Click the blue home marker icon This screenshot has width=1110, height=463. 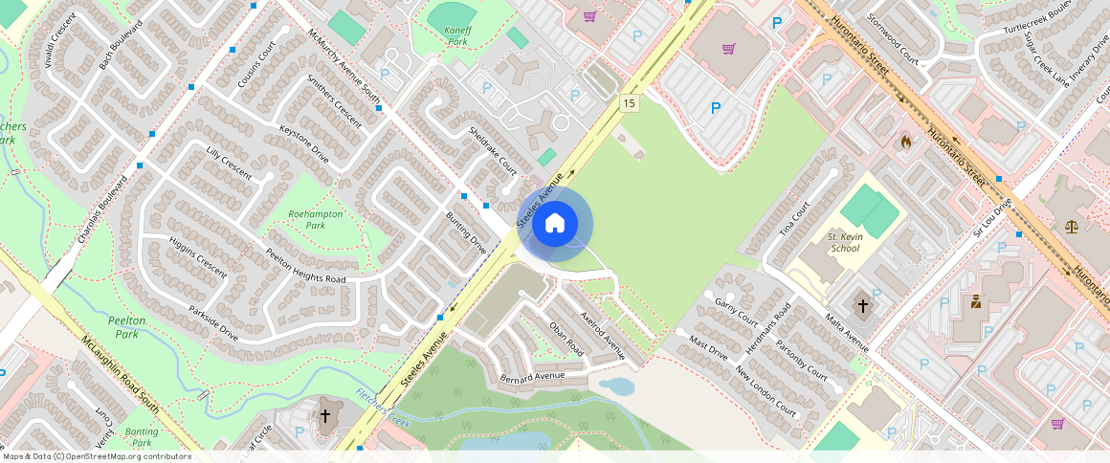click(x=555, y=225)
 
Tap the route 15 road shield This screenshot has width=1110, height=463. click(x=629, y=103)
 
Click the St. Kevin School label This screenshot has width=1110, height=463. click(x=844, y=242)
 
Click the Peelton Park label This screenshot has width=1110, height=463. click(x=126, y=327)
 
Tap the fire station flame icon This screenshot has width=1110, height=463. click(x=906, y=142)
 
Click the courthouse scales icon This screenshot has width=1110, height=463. click(x=1071, y=227)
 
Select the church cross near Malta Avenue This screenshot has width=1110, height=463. click(x=862, y=306)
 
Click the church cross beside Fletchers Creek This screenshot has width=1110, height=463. click(x=325, y=416)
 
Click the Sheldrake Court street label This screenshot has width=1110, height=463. click(x=493, y=151)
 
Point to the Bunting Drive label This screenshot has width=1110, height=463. click(x=466, y=232)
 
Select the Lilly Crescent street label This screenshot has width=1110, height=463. click(x=229, y=164)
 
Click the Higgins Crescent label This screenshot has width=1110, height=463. click(x=198, y=257)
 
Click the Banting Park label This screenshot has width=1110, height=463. click(x=142, y=437)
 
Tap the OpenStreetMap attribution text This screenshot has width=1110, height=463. click(x=97, y=456)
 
